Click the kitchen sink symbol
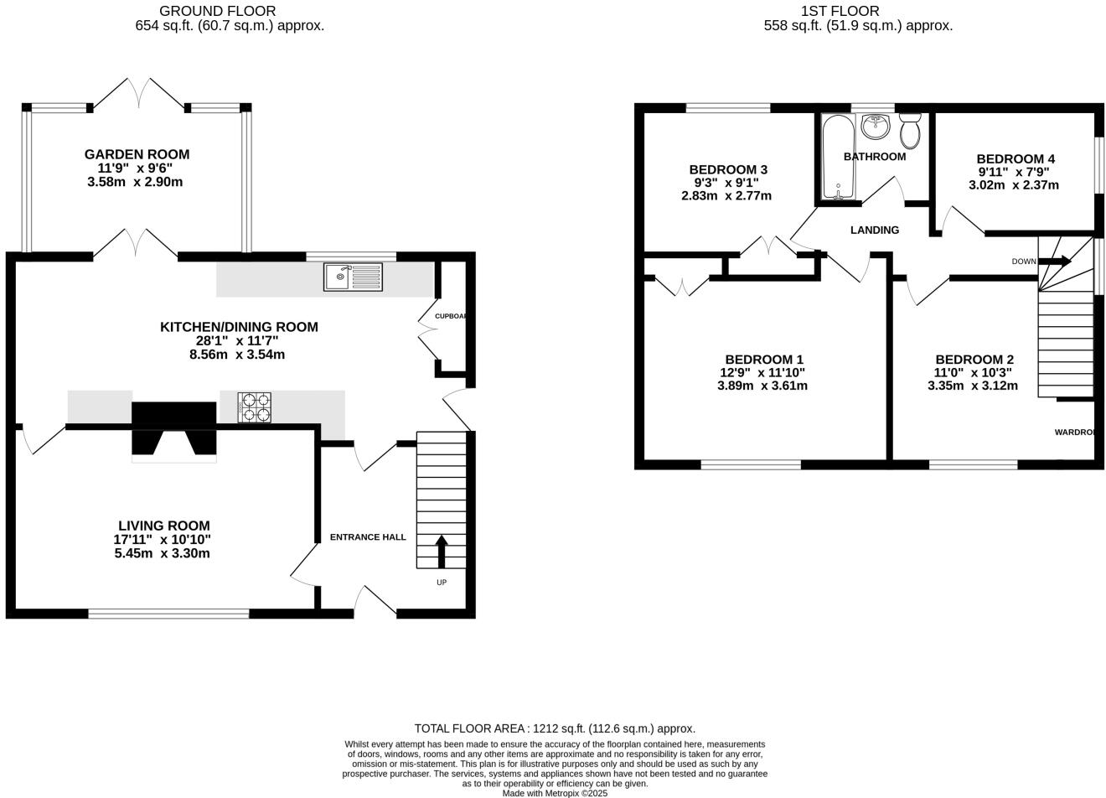(353, 277)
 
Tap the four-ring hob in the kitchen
(254, 407)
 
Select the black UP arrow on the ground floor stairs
(441, 552)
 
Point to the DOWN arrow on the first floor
(1055, 262)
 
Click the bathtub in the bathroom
(837, 157)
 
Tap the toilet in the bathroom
(910, 131)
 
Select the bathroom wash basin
(876, 127)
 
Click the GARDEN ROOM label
(137, 154)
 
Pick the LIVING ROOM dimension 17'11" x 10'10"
(163, 540)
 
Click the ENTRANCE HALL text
(368, 537)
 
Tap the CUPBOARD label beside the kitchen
(451, 316)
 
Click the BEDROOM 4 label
(1015, 159)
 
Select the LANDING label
(874, 230)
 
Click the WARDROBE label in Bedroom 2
(1075, 433)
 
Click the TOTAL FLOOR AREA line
(555, 728)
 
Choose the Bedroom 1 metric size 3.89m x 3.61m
(762, 386)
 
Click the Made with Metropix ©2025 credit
(555, 793)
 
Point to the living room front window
(168, 614)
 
